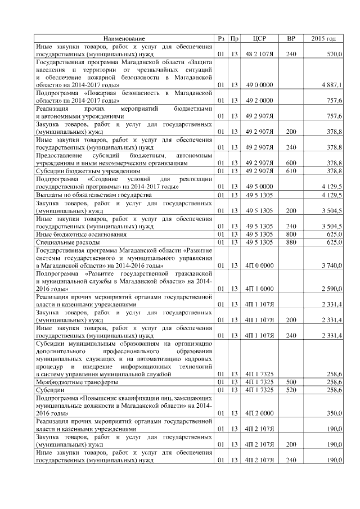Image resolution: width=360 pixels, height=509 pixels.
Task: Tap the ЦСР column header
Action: click(x=259, y=38)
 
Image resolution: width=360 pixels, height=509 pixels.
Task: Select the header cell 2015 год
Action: click(x=323, y=38)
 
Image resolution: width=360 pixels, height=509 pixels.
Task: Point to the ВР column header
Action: click(x=291, y=38)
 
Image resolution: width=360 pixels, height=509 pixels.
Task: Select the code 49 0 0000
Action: click(x=259, y=84)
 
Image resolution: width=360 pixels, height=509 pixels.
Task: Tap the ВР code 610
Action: click(x=291, y=170)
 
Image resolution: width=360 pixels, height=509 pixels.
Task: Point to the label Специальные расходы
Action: click(x=68, y=241)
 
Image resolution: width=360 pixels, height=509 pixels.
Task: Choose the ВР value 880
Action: click(x=291, y=241)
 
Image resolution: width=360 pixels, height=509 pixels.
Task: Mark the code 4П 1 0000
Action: click(x=259, y=289)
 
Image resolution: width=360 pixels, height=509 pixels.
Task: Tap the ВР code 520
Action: click(x=291, y=389)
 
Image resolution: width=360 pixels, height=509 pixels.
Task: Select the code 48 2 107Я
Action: click(x=259, y=53)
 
